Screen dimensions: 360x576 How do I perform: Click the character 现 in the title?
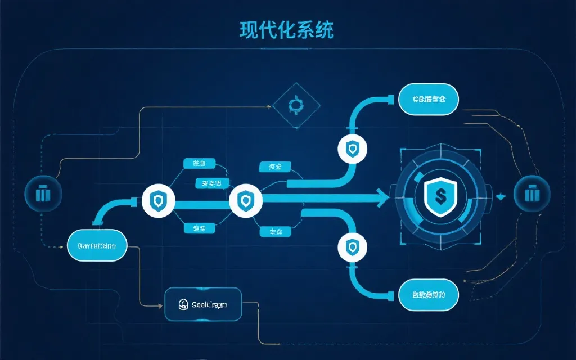point(249,30)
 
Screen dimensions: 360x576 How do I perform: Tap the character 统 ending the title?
point(323,30)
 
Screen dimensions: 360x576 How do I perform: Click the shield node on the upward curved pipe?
point(352,149)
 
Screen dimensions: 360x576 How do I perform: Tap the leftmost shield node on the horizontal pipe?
point(159,199)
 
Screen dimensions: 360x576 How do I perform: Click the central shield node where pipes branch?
point(246,199)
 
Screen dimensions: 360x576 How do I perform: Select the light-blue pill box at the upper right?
point(429,100)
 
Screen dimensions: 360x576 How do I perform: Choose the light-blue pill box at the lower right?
point(429,294)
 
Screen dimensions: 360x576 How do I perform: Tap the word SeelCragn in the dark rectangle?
point(209,305)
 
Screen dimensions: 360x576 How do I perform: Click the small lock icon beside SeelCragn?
point(183,305)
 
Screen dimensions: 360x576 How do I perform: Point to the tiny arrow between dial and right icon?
point(501,196)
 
